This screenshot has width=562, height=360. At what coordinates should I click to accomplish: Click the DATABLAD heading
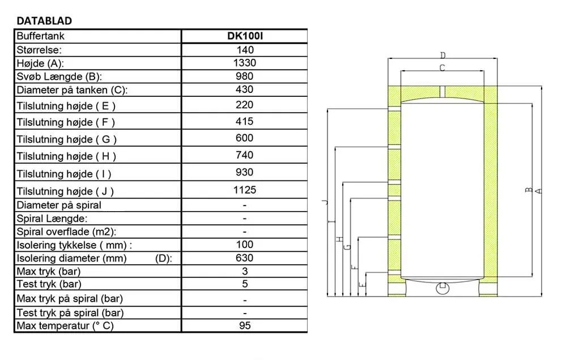pos(45,21)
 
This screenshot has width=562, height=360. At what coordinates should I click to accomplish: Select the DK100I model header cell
pos(245,36)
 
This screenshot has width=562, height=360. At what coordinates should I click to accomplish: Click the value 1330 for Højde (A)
pos(245,63)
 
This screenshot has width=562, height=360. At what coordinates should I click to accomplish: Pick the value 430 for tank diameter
pos(245,89)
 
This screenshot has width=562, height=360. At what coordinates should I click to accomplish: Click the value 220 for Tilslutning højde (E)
pos(245,105)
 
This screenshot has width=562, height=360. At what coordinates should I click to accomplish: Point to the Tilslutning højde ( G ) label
pos(67,139)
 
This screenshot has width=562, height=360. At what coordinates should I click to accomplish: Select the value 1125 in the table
pos(245,190)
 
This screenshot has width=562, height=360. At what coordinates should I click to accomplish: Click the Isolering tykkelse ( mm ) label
pos(74,245)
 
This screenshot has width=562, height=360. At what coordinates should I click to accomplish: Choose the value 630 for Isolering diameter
pos(245,258)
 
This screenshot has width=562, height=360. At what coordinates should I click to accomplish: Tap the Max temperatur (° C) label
pos(66,325)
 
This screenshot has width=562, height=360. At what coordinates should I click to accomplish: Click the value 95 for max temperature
pos(245,325)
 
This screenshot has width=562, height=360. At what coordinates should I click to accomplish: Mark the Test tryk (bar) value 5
pos(245,284)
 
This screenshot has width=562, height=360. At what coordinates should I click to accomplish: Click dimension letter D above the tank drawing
pos(443,55)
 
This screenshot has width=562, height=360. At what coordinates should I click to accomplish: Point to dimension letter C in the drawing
pos(442,68)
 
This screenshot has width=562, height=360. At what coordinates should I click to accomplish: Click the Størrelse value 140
pos(245,50)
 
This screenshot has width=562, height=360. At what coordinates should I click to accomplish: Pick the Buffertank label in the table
pos(41,36)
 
